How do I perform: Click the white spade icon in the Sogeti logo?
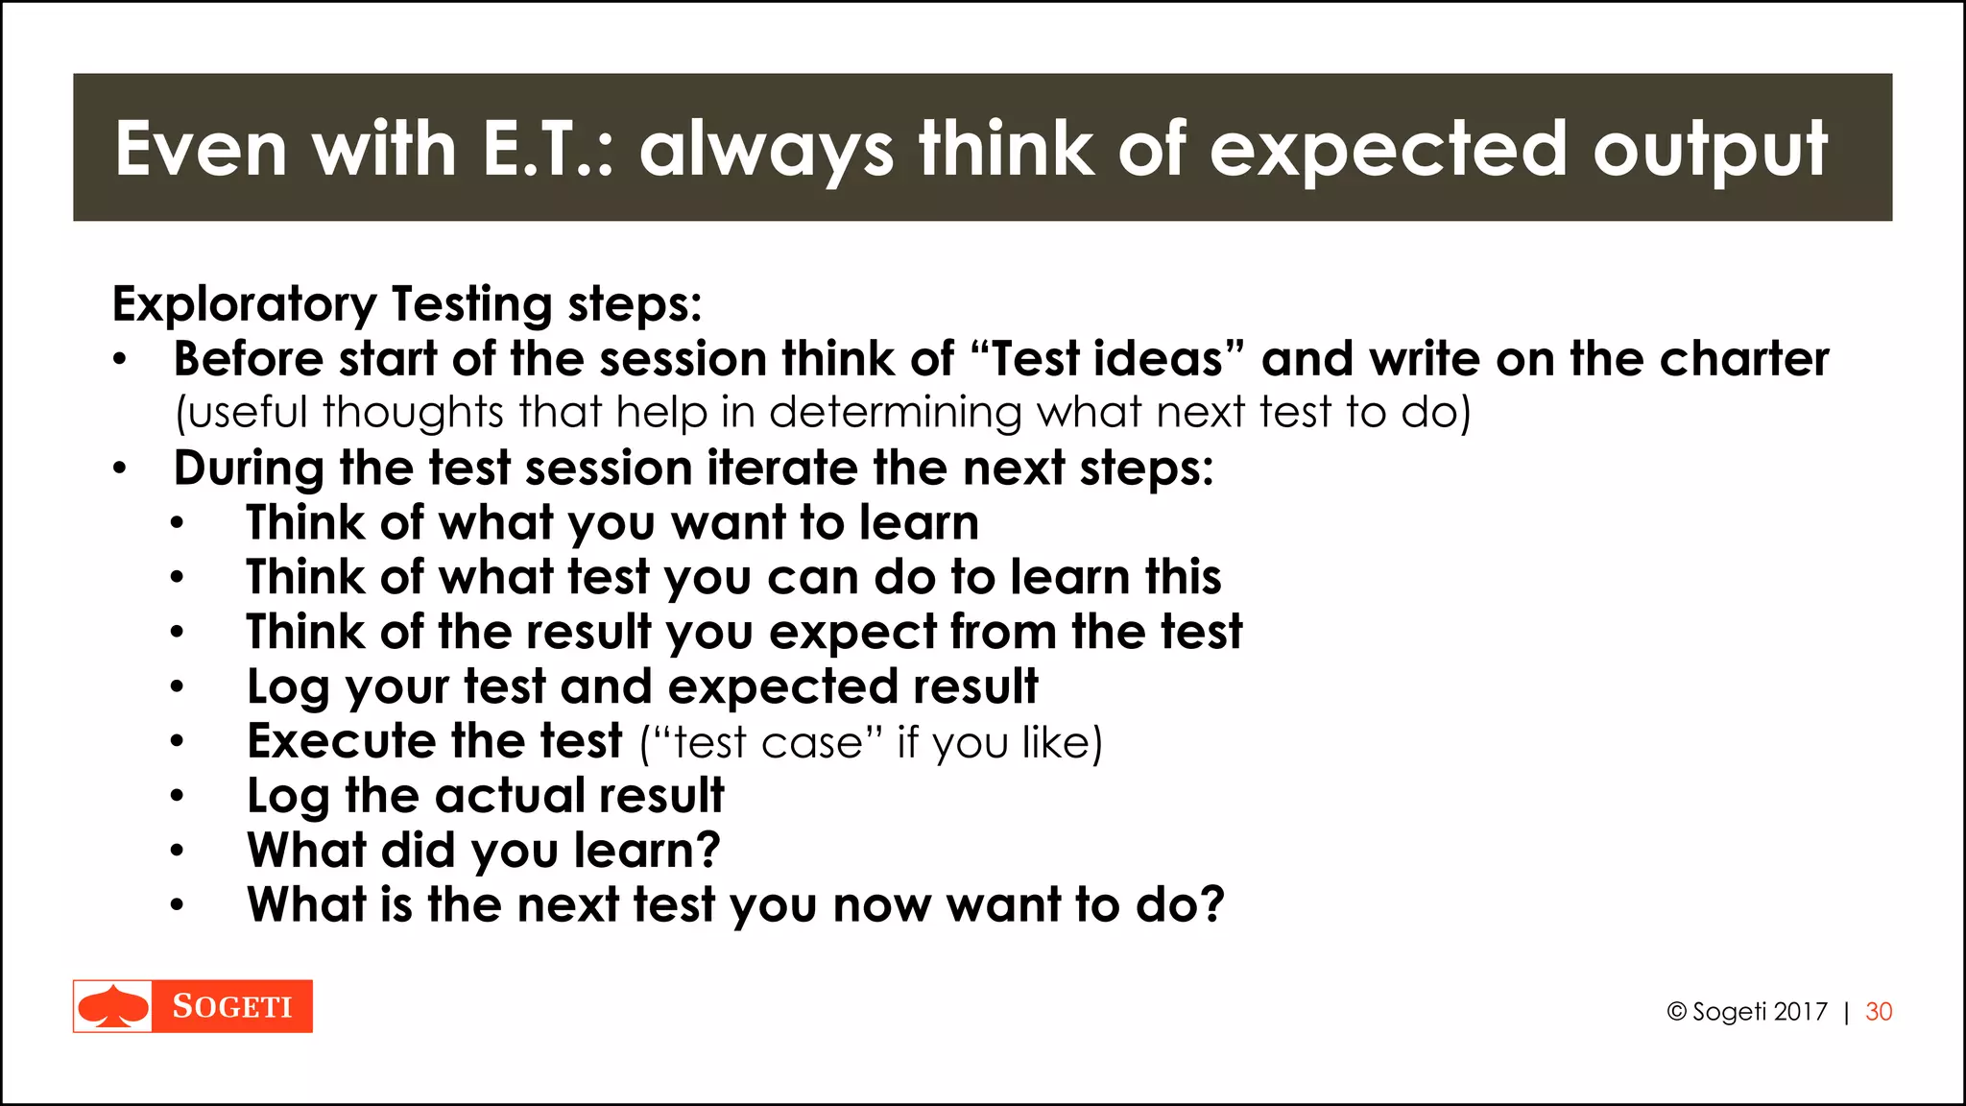coord(113,1006)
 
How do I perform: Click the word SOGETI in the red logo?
coord(232,1006)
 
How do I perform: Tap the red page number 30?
coord(1879,1012)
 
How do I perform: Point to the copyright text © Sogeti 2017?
coord(1747,1012)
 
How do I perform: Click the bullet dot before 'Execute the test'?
coord(177,742)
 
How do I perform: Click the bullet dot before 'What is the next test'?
coord(177,905)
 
